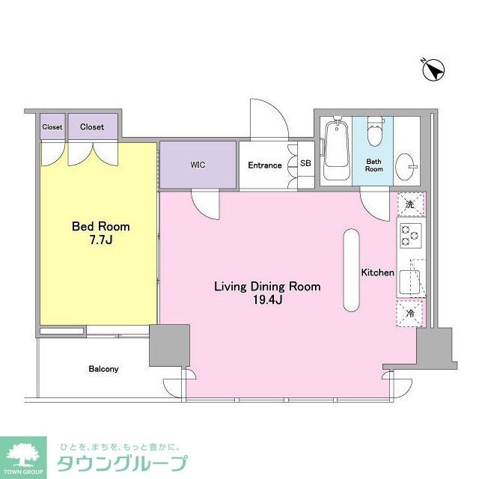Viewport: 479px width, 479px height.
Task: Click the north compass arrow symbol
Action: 433,71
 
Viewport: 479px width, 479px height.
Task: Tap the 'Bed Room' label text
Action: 100,226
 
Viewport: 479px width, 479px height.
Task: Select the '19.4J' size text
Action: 266,300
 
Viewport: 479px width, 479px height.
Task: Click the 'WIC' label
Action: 198,165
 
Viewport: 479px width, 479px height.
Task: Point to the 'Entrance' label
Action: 265,165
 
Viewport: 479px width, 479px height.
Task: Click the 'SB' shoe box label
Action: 305,163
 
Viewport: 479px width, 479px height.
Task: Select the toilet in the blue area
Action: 374,135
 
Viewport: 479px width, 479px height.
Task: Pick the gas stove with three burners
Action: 410,236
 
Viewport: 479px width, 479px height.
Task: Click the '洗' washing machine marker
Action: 409,204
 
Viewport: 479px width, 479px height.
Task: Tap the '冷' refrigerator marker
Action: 409,314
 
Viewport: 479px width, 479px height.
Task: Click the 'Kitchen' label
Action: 377,272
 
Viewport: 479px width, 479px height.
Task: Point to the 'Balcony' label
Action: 103,369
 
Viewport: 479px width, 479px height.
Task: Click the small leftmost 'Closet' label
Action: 52,127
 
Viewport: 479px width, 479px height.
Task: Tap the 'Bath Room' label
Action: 374,165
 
